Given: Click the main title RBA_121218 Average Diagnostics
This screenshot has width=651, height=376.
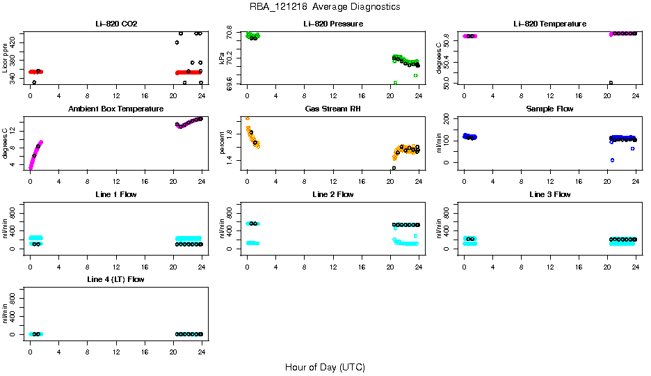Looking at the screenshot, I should pos(325,7).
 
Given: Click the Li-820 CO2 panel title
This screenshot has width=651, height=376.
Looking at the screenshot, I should pos(116,24).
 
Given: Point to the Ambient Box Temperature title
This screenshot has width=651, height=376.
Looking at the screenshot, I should pos(116,109).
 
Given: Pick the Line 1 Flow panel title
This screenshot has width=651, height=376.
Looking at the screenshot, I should pos(116,194).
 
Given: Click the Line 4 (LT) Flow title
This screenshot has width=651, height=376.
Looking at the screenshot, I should pos(116,279).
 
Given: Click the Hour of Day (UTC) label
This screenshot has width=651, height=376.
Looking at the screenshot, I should pos(325,367).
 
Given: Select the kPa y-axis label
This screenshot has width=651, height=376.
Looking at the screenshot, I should pos(223,58).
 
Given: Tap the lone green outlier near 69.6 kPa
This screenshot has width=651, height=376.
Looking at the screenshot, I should pos(396,83).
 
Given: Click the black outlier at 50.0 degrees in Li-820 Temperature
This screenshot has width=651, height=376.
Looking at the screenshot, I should pos(611,83).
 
